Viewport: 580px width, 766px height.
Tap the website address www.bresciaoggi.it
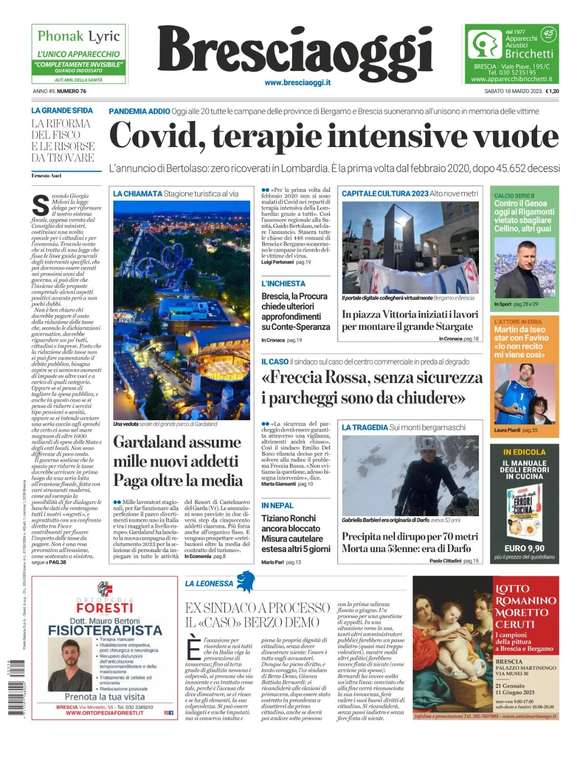[297, 83]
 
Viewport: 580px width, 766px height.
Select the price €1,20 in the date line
[552, 91]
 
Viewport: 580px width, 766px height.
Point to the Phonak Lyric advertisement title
[79, 36]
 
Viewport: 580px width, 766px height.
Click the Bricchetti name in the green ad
[529, 54]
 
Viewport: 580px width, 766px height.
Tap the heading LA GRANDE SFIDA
[62, 110]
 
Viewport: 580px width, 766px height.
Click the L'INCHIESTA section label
[283, 283]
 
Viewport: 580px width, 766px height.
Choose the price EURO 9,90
[524, 548]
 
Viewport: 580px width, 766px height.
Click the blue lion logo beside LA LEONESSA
[246, 581]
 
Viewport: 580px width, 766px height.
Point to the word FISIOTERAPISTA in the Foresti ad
[105, 630]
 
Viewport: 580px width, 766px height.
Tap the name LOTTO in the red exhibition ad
[512, 589]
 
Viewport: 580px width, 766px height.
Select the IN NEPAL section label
[277, 506]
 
